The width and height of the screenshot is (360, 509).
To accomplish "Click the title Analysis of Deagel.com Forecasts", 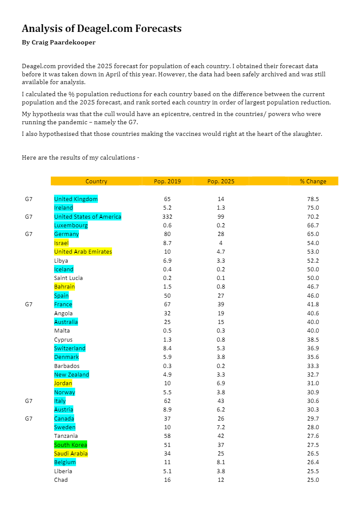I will coord(101,29).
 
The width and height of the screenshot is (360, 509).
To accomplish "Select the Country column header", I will coord(96,181).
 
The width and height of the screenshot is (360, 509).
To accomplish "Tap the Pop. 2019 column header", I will coord(167,181).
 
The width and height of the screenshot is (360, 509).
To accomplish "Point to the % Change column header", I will coord(313,181).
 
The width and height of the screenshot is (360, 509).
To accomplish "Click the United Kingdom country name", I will coord(76,199).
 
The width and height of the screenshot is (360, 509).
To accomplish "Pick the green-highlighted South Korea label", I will coord(71,445).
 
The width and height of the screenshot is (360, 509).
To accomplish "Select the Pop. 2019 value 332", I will coord(167,217).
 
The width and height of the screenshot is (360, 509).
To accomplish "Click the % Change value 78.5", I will coord(313,199).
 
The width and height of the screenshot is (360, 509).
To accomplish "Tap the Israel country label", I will coord(61,243).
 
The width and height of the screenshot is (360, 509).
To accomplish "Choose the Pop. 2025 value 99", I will coord(221,217).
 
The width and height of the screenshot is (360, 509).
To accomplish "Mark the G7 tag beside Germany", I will coord(28,234).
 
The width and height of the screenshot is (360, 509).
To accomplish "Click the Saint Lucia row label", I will coord(69,278).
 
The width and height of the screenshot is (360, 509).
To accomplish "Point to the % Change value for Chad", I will coord(313,480).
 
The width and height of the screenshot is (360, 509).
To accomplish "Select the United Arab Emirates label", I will coord(83,251).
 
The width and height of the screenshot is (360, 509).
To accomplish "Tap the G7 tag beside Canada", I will coord(28,418).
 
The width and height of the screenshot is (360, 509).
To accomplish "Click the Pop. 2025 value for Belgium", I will coord(221,462).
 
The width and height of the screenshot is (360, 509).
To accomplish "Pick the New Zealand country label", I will coord(72,374).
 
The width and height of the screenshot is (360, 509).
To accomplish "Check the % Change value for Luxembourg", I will coord(313,225).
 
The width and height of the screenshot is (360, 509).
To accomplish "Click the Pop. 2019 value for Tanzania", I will coord(167,436).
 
